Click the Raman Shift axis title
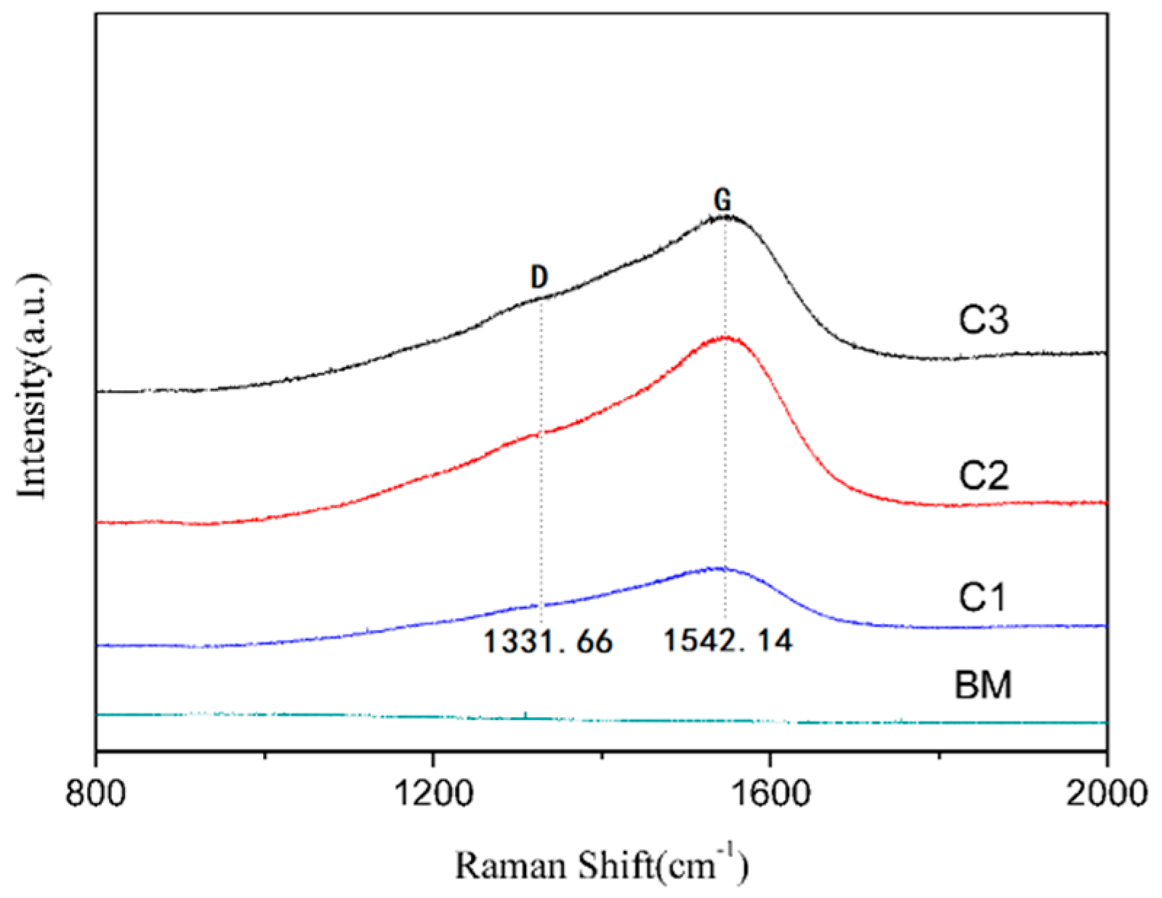[x=601, y=864]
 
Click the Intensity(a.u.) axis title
[x=32, y=386]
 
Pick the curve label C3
[x=983, y=320]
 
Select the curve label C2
[x=983, y=476]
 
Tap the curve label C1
[x=982, y=597]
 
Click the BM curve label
[x=983, y=685]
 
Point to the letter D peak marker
[x=538, y=277]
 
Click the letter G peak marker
[x=722, y=200]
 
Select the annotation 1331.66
[x=548, y=642]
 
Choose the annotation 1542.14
[x=727, y=640]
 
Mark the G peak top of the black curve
[x=725, y=217]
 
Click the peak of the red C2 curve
[x=725, y=337]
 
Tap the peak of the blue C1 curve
[x=721, y=568]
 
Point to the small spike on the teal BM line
[x=525, y=715]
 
